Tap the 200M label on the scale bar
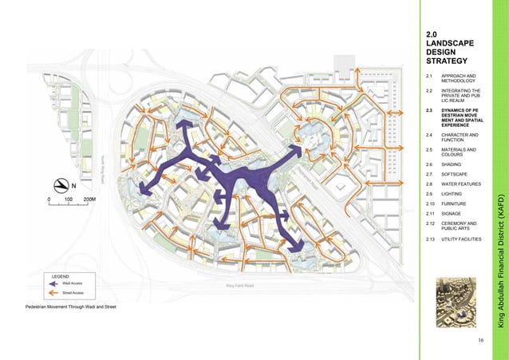(x=90, y=199)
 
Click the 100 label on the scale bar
(x=69, y=199)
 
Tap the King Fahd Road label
(x=239, y=285)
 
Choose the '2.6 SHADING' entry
(x=452, y=163)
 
